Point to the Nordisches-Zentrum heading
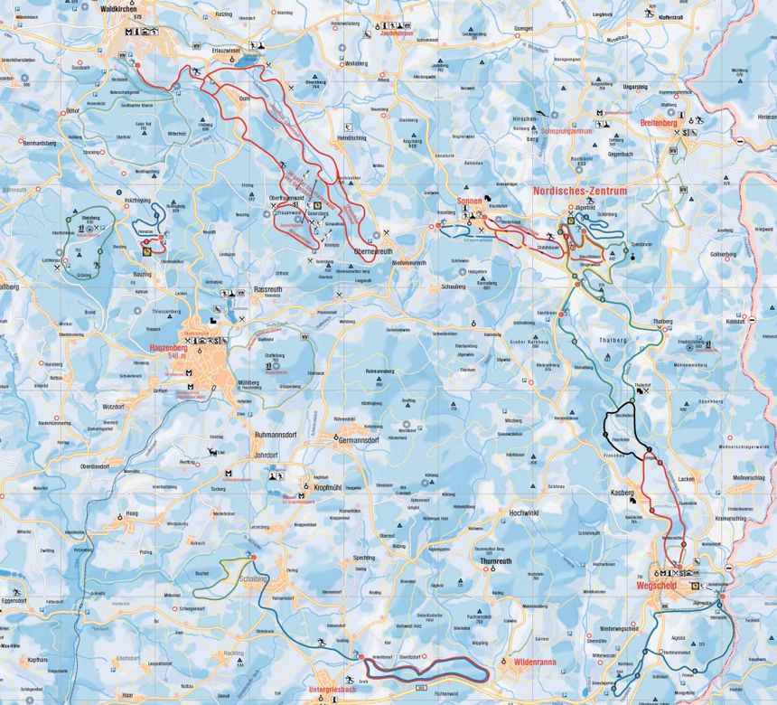coord(578,193)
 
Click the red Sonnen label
coord(469,202)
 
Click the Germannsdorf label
coord(357,440)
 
